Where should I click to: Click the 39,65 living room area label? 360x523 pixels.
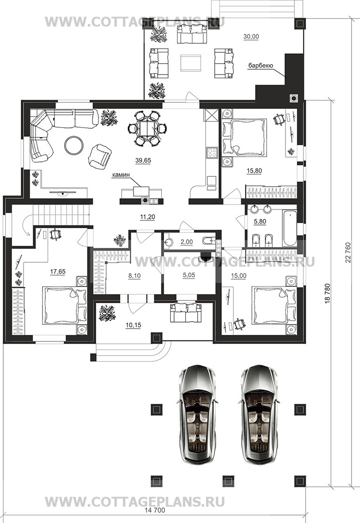tap(143, 160)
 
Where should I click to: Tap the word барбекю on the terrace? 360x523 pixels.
tap(260, 66)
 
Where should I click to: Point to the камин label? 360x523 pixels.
tap(121, 174)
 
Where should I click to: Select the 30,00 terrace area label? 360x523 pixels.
tap(251, 37)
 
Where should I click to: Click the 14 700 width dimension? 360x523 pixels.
tap(155, 510)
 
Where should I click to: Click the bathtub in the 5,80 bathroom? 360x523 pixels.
tap(289, 228)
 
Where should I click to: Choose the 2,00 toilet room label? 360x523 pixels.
tap(186, 242)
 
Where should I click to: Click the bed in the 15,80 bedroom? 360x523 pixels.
tap(245, 137)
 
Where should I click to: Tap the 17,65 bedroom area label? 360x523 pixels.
tap(58, 272)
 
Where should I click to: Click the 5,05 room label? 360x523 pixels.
tap(189, 275)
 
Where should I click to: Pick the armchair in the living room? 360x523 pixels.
tap(99, 156)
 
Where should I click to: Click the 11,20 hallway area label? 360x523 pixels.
tap(147, 217)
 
